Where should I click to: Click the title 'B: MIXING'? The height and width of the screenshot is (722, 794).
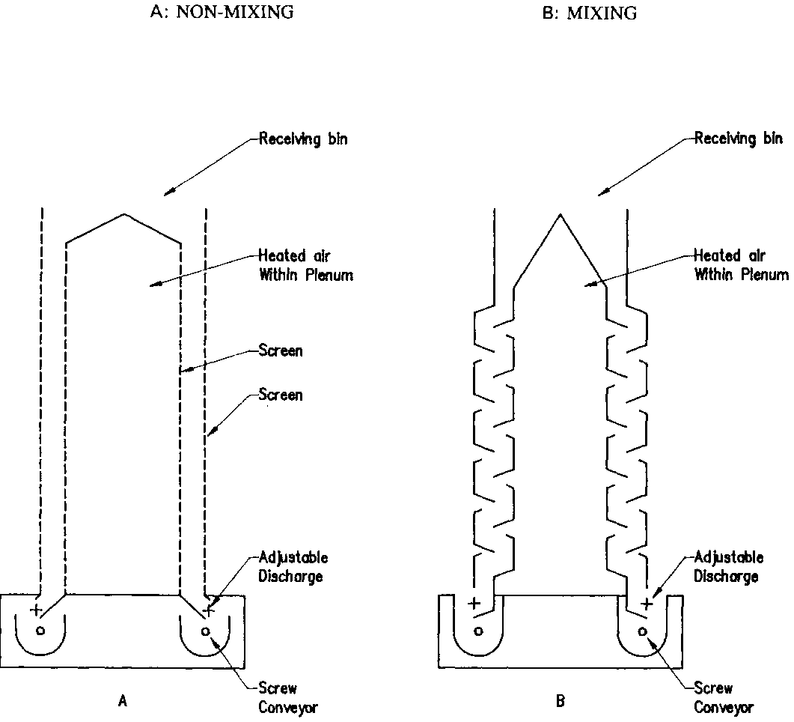(591, 13)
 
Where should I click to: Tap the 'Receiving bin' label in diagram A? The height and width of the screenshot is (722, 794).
(303, 139)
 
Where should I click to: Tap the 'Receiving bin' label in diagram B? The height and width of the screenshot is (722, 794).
(739, 139)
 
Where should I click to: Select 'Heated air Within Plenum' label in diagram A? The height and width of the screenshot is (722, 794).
(305, 266)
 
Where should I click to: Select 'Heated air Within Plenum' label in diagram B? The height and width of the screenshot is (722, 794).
(741, 265)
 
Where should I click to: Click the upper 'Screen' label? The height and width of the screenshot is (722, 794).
(281, 350)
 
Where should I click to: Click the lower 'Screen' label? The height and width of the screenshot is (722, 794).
(281, 395)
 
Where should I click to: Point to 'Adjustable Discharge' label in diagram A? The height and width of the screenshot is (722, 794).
(293, 568)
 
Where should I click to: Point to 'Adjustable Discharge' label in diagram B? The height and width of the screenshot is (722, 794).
(728, 567)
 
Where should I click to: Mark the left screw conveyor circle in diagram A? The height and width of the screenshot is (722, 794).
(40, 630)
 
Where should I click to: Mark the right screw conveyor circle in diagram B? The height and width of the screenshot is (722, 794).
(642, 631)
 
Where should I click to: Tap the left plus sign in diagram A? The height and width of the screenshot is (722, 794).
(35, 610)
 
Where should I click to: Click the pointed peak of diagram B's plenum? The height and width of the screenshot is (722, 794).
(559, 216)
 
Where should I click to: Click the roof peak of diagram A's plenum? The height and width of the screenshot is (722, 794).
(124, 215)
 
